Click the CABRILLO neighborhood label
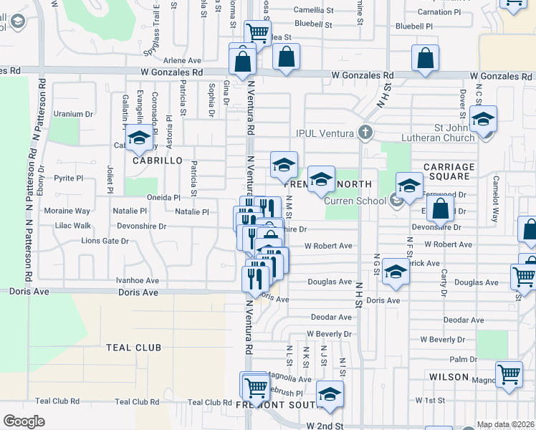tap(153, 161)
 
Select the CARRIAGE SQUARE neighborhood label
tap(449, 172)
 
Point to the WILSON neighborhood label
tap(449, 376)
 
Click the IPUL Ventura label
tap(326, 133)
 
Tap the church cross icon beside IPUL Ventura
tap(365, 132)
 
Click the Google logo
tap(24, 421)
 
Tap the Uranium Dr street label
tap(75, 113)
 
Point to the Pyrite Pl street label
tap(70, 176)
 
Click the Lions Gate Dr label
tap(105, 241)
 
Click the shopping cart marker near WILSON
tap(509, 374)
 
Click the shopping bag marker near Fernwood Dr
tap(441, 210)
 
